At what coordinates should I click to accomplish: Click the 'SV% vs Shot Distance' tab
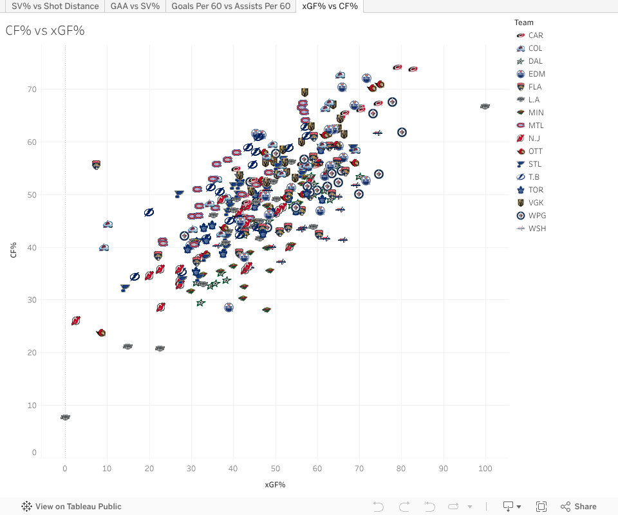pos(55,6)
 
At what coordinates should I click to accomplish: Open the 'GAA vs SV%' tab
pos(135,6)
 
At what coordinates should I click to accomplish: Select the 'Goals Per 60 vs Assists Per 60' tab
pos(230,6)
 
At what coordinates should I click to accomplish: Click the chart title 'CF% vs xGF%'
pos(45,30)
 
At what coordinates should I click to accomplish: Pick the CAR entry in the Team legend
pos(535,35)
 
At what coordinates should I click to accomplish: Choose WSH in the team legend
pos(537,229)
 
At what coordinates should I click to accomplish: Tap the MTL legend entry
pos(536,126)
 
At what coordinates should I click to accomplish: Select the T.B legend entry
pos(534,177)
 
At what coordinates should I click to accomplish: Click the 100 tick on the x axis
pos(485,468)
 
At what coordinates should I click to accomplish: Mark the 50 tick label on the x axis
pos(275,468)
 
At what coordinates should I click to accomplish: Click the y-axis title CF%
pos(14,250)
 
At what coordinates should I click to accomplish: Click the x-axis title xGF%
pos(275,484)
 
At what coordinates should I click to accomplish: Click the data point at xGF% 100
pos(485,106)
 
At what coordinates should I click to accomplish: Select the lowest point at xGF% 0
pos(65,417)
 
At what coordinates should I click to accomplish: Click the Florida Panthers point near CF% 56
pos(97,165)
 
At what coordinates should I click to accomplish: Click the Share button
pos(579,507)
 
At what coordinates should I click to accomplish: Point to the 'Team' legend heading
pos(523,23)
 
